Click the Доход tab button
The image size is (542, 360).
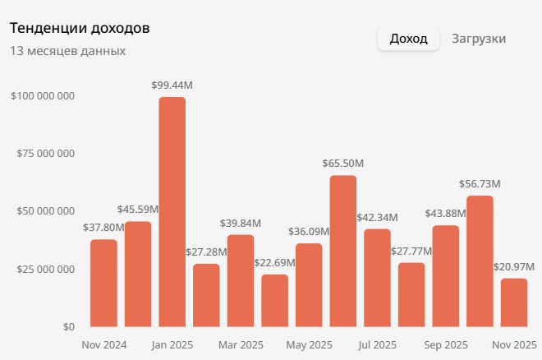pos(408,39)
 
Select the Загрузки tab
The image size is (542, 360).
pos(479,39)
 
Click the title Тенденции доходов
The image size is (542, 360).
pos(80,28)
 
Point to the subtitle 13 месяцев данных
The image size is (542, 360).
pos(67,51)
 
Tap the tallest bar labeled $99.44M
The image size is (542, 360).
pos(172,212)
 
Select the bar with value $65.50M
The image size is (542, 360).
pos(343,251)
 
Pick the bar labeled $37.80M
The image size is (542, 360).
pos(103,283)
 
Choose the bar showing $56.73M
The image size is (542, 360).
pos(480,261)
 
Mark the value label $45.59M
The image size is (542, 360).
pos(138,210)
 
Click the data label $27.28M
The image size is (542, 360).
pos(206,252)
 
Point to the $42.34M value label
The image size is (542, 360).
pos(378,217)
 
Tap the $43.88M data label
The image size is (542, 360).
pos(446,214)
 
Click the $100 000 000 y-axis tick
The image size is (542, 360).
pos(44,95)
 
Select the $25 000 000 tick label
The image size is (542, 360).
pos(46,269)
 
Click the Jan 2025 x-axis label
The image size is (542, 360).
pos(172,344)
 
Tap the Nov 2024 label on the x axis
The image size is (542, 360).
pos(104,344)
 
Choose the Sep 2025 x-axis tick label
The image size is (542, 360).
pos(446,344)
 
